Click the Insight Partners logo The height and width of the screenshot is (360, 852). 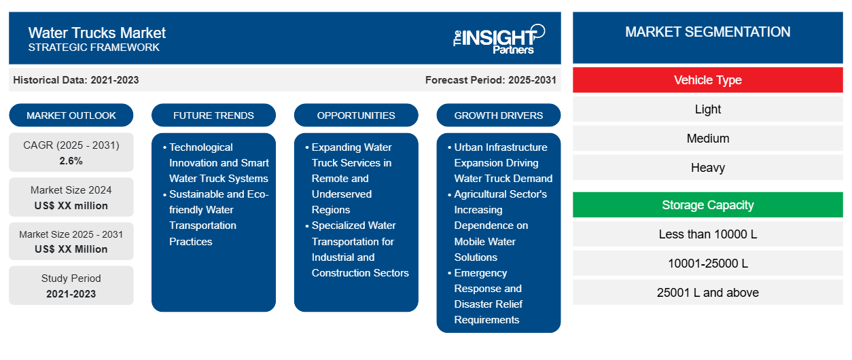tap(499, 39)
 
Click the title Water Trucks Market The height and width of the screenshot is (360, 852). tap(97, 33)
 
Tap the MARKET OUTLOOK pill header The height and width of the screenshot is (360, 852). tap(71, 115)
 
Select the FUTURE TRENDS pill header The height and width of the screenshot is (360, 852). tap(213, 115)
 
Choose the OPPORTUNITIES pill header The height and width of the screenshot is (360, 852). tap(356, 115)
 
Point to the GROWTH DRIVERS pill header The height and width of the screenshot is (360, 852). tap(498, 115)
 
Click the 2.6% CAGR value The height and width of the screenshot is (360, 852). tap(71, 161)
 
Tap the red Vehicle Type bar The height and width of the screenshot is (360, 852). tap(708, 80)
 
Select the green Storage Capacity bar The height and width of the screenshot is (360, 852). tap(708, 205)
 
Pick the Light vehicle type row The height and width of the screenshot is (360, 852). tap(708, 109)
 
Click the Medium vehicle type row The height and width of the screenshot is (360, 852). tap(708, 139)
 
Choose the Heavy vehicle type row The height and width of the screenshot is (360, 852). tap(708, 168)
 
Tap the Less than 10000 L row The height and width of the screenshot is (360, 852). tap(708, 234)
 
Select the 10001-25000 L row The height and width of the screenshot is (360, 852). tap(708, 263)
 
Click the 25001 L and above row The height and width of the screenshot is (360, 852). tap(708, 292)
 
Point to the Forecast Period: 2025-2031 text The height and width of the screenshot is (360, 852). tap(491, 80)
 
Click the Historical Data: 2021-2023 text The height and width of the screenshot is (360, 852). tap(76, 80)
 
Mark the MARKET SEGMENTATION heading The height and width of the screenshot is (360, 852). tap(708, 32)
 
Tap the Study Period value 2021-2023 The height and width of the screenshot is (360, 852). tap(71, 294)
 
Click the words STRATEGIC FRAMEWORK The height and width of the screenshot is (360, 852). tap(94, 48)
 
